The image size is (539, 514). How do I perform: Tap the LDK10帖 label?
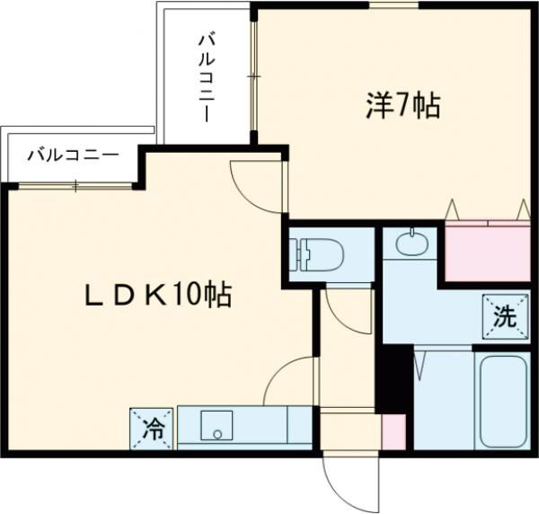click(158, 295)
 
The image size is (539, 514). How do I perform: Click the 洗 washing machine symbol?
click(504, 315)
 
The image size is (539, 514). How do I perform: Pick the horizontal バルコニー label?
click(72, 155)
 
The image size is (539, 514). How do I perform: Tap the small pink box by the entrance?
click(393, 432)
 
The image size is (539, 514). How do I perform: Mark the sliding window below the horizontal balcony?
click(76, 186)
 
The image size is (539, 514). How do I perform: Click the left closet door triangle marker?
click(455, 208)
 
